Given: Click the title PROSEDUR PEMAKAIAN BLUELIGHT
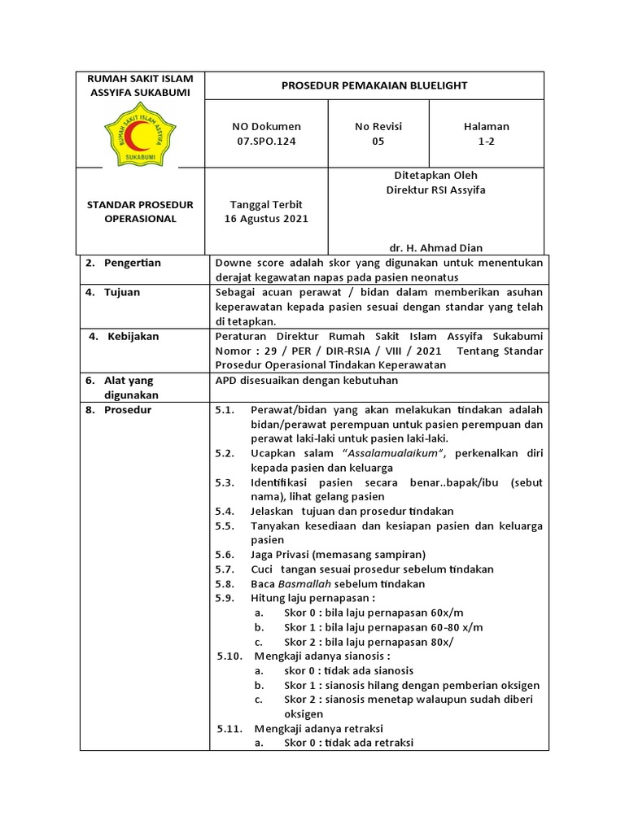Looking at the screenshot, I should pos(374,85).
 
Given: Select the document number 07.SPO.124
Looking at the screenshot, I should pos(266,141).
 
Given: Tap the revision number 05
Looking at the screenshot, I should pos(378,141).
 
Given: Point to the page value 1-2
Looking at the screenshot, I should pos(487,141).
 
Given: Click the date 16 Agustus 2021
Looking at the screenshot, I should pos(266,219).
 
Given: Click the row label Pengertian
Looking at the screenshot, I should pos(132,263).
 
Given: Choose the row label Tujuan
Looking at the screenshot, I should pos(122,292).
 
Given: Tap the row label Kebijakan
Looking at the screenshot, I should pos(133,336).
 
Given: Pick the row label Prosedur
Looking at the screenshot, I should pos(129,410).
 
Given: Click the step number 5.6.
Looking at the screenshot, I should pos(225,555).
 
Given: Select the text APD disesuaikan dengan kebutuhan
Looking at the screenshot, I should pos(307,380).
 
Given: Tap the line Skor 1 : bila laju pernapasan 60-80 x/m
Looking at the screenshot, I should pos(382,627).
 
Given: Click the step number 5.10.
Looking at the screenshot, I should pos(229,656).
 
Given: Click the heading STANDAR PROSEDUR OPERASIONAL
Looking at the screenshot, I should pos(140,212).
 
